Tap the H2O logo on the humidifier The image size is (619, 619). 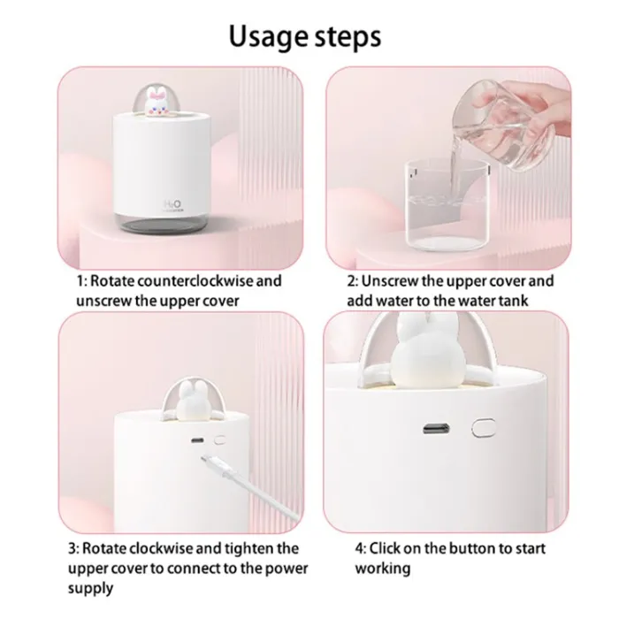[172, 204]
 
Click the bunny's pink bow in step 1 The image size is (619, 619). [158, 95]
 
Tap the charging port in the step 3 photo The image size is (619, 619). [197, 440]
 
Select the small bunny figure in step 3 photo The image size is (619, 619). [187, 401]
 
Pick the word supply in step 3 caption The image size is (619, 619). [90, 588]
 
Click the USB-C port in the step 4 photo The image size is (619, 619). [436, 428]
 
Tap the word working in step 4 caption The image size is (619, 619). [383, 569]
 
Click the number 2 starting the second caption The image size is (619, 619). [351, 281]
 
